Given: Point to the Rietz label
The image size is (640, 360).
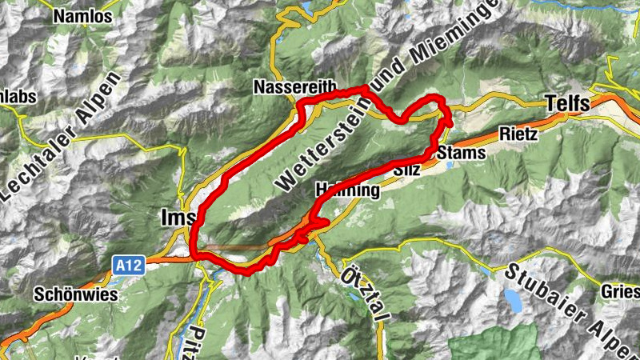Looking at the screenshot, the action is click(x=518, y=134).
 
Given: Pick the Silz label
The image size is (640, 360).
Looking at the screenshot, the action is click(x=408, y=170).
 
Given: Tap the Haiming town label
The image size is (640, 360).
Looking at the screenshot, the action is click(x=346, y=190).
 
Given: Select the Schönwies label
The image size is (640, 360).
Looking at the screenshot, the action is click(x=76, y=294).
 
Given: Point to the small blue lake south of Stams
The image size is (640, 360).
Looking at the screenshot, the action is click(x=449, y=165).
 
